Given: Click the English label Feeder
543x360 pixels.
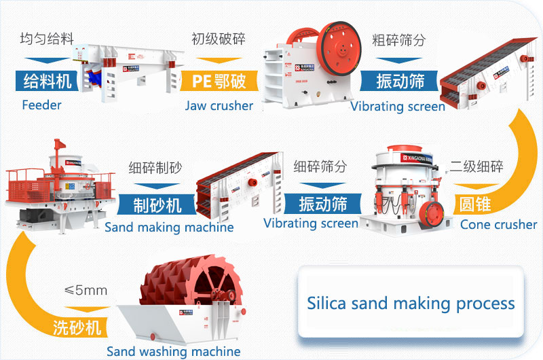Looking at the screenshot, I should (x=41, y=105).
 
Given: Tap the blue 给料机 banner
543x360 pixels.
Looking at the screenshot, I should (x=47, y=81).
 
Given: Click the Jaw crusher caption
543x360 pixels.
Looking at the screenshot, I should (x=219, y=105).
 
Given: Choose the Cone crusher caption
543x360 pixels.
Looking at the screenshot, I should (x=498, y=224).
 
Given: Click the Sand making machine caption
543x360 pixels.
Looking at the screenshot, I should (x=169, y=228).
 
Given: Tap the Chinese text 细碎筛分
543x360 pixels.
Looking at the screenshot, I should (x=320, y=166).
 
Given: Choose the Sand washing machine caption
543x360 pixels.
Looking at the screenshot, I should (x=173, y=351).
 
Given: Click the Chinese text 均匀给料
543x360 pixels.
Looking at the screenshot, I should (x=47, y=39).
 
